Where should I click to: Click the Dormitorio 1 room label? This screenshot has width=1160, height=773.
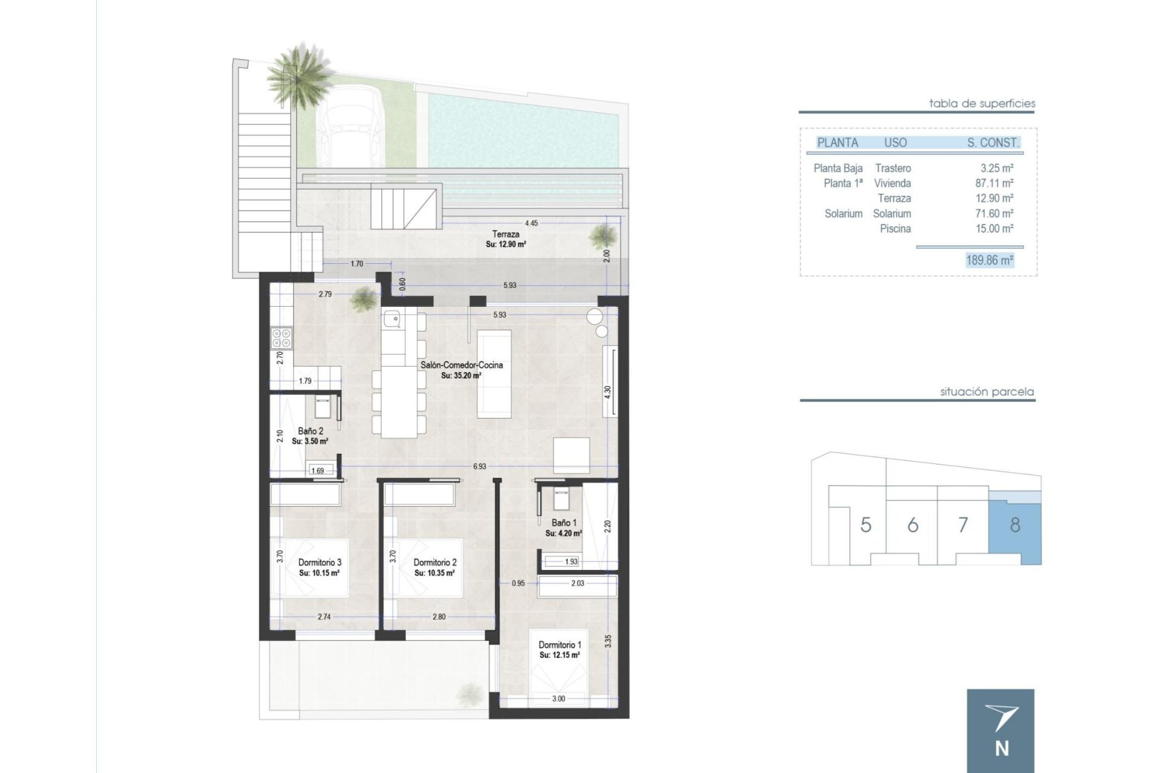559,645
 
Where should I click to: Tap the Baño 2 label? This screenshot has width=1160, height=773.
310,431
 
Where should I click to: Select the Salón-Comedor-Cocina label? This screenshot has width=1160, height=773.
461,365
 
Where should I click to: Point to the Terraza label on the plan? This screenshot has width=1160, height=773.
505,234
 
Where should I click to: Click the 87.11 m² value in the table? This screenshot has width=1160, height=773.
994,183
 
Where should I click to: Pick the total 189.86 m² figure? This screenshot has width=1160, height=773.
989,260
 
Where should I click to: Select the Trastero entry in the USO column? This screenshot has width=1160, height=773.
893,168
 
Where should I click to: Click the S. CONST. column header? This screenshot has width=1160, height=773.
993,143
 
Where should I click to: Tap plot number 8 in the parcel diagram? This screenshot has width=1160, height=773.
1014,525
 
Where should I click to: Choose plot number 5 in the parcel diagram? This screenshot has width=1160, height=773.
865,525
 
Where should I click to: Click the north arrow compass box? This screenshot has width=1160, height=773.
1000,731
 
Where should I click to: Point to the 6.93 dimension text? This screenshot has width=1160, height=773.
479,466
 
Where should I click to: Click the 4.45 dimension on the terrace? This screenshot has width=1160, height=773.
531,223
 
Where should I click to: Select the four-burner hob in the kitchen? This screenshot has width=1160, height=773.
282,338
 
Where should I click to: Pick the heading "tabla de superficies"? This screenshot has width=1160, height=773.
981,104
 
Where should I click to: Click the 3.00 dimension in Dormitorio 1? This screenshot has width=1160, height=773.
558,699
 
